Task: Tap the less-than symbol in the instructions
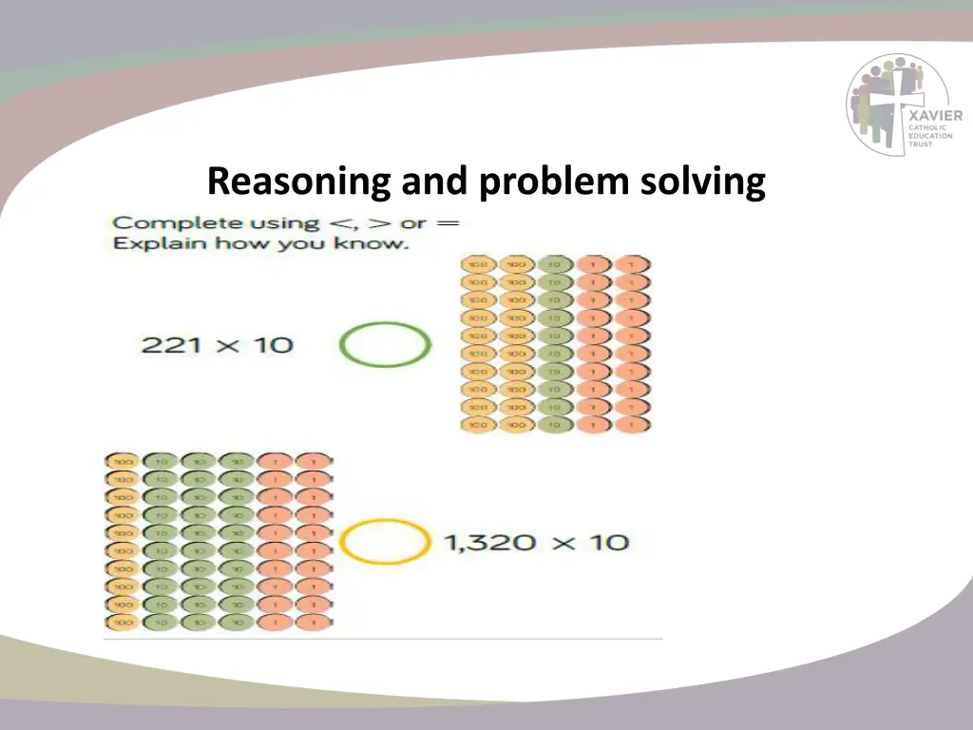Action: point(338,224)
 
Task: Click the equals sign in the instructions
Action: point(448,223)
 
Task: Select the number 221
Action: point(173,344)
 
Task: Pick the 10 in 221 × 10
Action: point(273,344)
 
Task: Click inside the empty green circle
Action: point(385,345)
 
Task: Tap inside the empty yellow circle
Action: point(384,544)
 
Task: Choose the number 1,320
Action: point(489,544)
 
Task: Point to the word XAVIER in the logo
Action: point(935,116)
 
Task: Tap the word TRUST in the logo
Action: point(921,144)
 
